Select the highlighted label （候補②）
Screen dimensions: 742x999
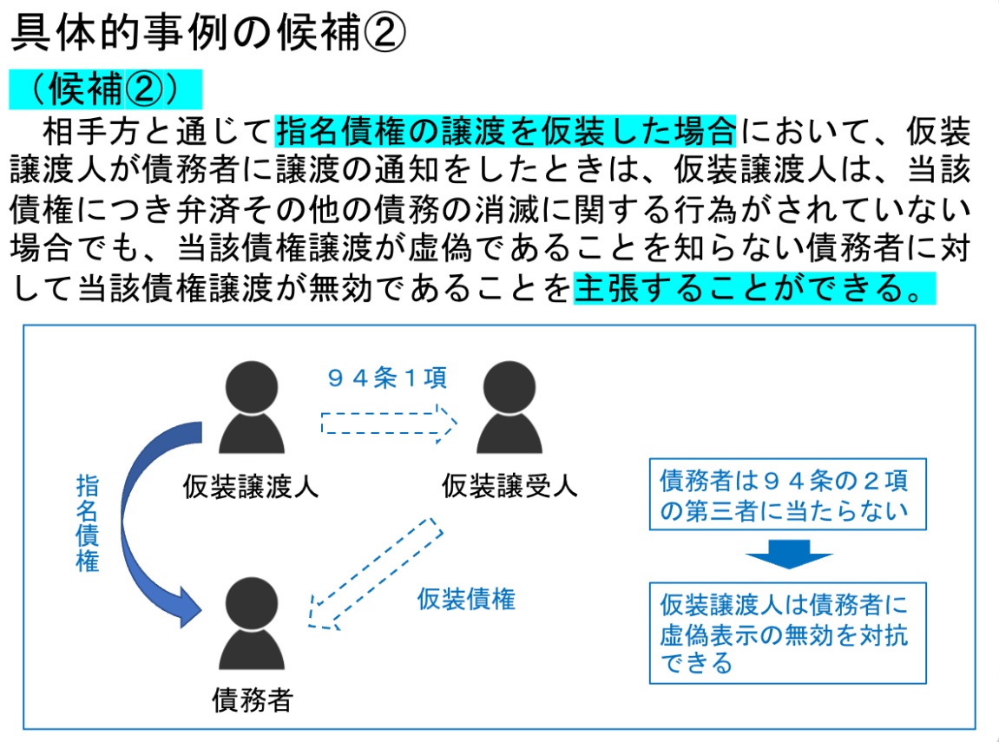[105, 89]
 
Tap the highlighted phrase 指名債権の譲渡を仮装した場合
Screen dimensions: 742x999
[506, 132]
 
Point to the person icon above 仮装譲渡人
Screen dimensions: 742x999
[252, 408]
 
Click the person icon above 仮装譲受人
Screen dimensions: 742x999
[509, 408]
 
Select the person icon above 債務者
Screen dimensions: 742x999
[252, 621]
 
